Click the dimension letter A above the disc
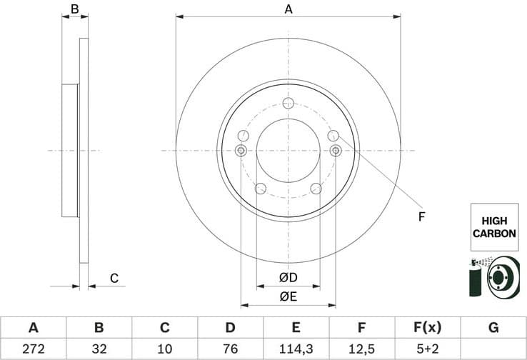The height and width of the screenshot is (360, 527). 288,9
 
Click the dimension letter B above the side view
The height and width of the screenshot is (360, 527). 74,10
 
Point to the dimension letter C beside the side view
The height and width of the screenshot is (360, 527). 114,279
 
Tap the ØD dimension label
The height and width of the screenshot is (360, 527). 288,278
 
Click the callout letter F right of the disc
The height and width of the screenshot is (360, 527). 421,216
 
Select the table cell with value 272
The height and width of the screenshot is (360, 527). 33,348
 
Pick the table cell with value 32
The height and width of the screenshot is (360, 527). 99,348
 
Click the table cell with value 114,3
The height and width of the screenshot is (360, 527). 296,348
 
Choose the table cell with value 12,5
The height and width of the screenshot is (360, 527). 361,348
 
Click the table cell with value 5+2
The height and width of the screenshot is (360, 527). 427,348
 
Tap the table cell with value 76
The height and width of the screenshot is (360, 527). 230,348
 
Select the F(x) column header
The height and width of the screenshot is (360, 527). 427,328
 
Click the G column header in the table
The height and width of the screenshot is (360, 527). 493,328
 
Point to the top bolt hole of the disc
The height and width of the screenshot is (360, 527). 288,104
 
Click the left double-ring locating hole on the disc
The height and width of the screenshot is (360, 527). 241,150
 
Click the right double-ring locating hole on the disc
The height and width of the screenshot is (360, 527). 336,150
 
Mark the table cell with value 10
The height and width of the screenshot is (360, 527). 164,348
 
